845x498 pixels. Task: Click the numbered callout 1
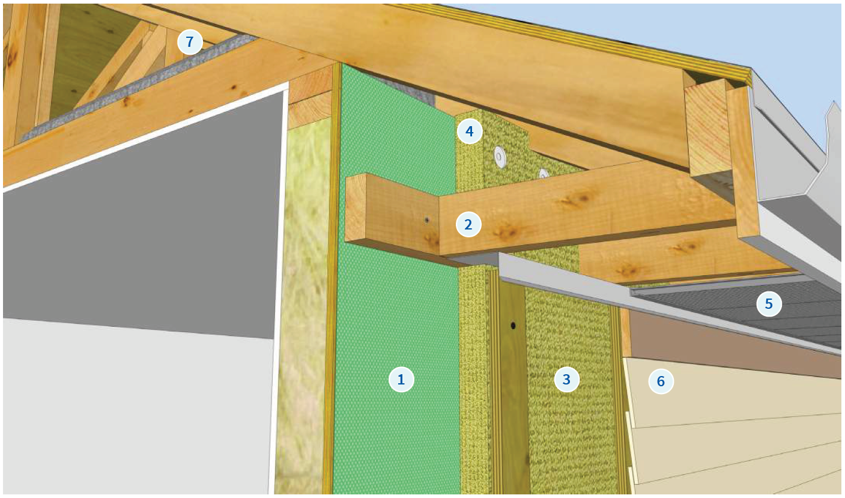[x=401, y=379]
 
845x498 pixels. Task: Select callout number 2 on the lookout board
[x=468, y=225]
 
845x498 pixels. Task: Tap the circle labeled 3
[x=566, y=379]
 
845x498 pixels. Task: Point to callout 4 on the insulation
[x=469, y=131]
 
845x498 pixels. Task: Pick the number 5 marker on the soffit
[x=769, y=304]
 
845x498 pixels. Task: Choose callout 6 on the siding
[x=661, y=381]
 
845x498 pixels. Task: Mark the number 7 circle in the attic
[x=190, y=41]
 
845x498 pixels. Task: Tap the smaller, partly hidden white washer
[x=544, y=174]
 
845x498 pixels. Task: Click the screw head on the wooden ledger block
[x=426, y=220]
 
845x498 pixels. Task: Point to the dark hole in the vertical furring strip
[x=513, y=325]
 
